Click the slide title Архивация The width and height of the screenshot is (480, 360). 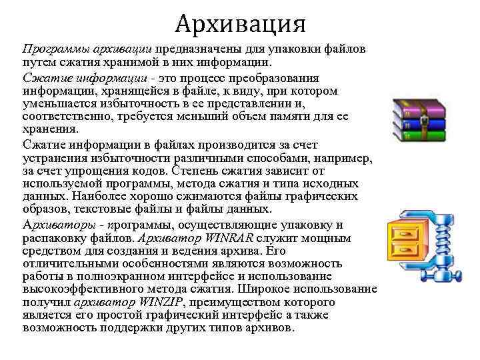click(241, 24)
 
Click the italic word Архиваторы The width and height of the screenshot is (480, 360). click(58, 225)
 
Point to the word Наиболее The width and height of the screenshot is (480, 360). click(87, 196)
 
